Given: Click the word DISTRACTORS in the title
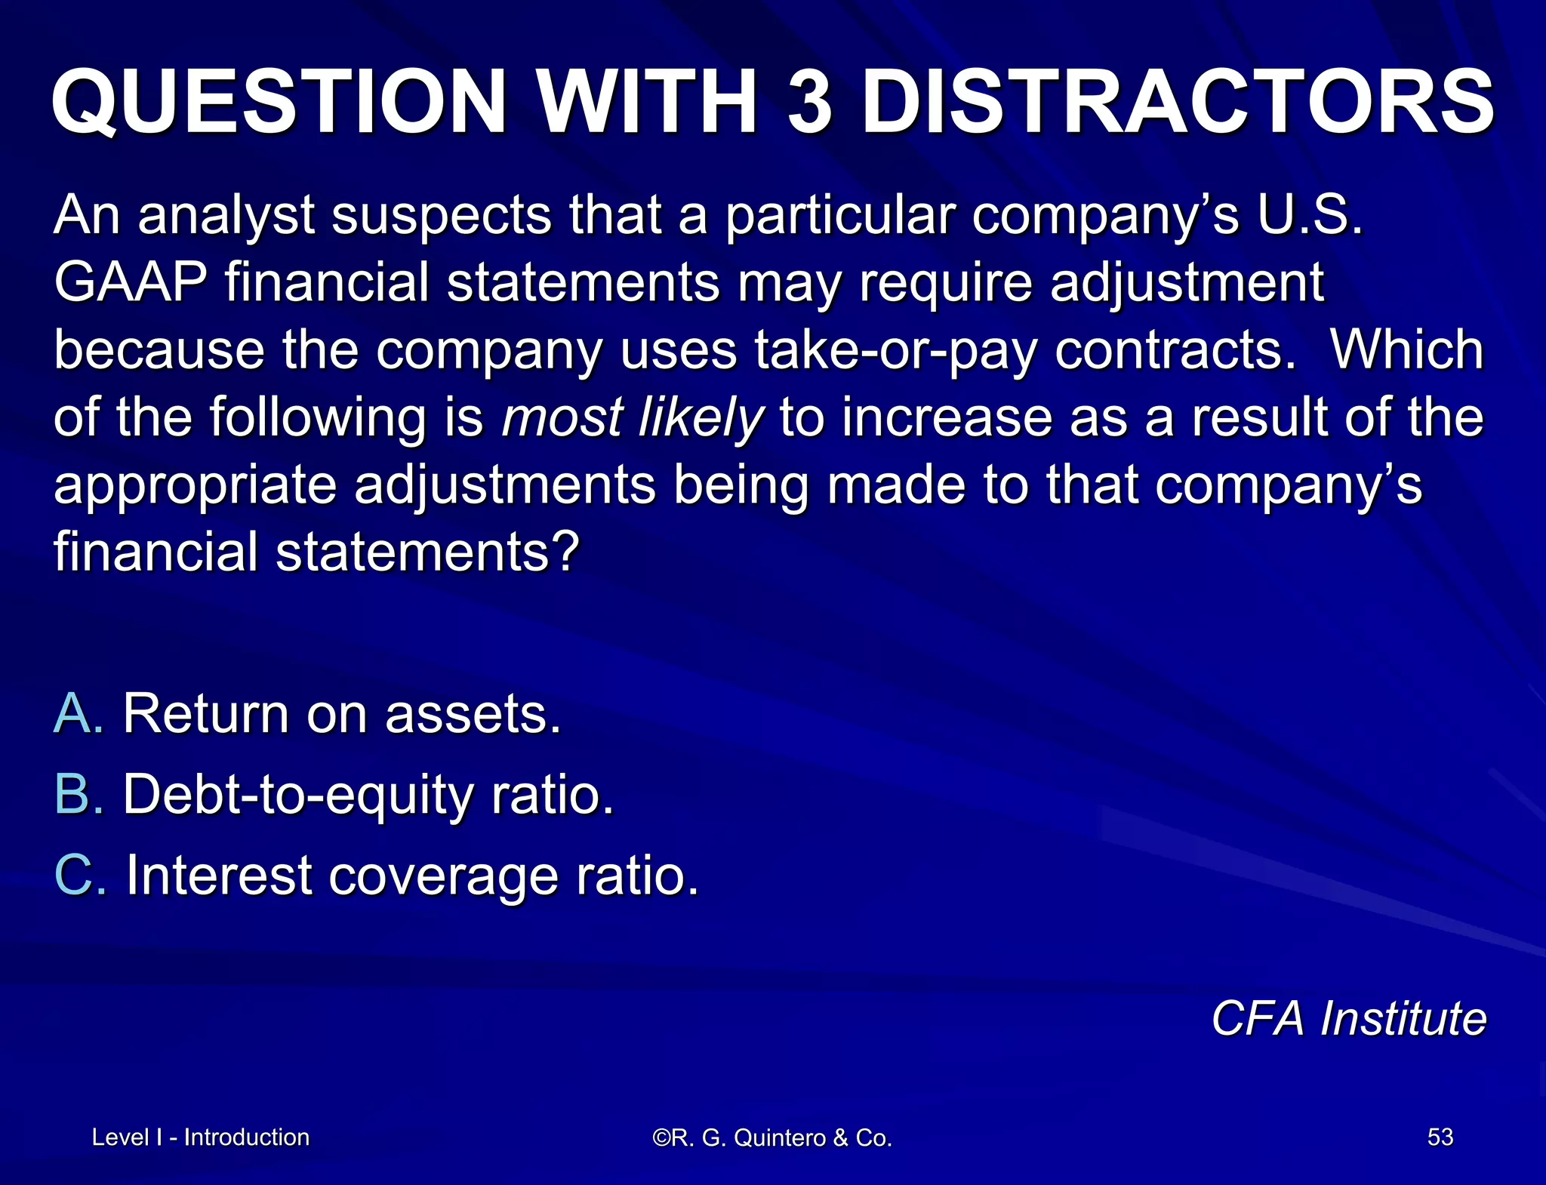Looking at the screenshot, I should tap(1178, 102).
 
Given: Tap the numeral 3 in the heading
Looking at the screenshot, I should tap(810, 102).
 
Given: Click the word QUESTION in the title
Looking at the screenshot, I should tap(279, 102).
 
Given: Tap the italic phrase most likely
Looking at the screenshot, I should tap(633, 418).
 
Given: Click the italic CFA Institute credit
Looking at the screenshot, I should tap(1348, 1019).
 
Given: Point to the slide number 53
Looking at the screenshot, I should tap(1440, 1137).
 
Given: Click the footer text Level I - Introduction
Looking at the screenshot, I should tap(200, 1137).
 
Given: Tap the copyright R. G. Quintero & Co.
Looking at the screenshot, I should tap(772, 1137).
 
